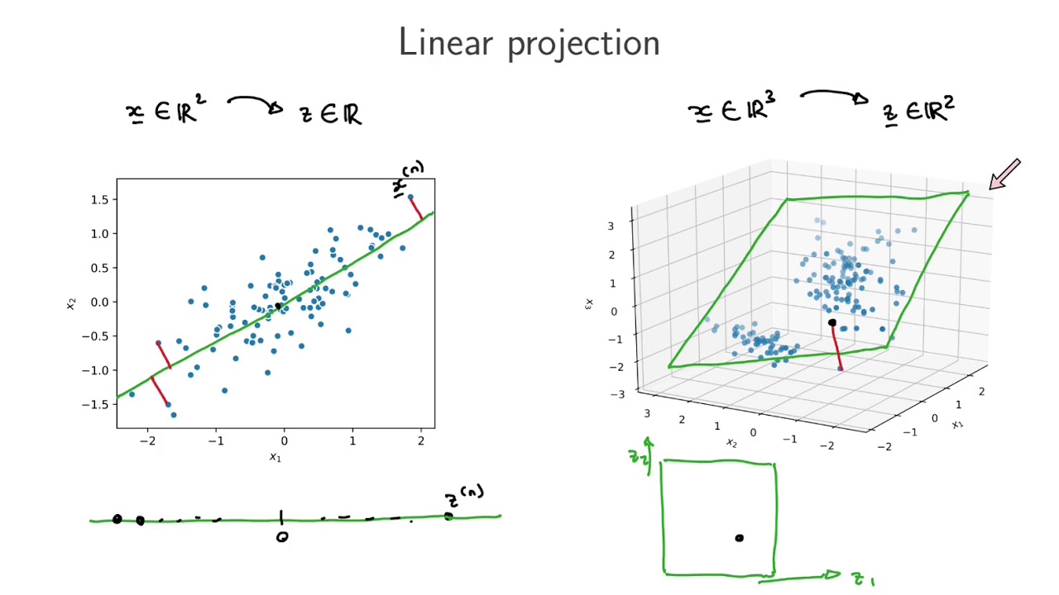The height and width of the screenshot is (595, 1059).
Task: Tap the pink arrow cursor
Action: (1005, 174)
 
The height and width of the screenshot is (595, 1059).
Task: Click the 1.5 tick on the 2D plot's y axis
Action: (99, 199)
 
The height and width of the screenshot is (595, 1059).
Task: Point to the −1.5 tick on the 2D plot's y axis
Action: (95, 404)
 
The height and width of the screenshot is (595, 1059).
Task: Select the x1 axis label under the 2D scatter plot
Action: (276, 457)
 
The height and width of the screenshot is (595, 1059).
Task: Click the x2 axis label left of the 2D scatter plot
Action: (71, 303)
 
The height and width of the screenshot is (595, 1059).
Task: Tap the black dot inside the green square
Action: (739, 538)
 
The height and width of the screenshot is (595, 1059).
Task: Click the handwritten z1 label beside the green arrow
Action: (863, 580)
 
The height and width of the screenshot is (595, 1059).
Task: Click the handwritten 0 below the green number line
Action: (282, 537)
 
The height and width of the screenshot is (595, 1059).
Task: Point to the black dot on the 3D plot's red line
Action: (832, 323)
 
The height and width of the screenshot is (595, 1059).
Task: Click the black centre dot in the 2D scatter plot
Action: (278, 307)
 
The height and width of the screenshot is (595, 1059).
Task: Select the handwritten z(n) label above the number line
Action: (463, 497)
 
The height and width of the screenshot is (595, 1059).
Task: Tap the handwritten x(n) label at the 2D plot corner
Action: (408, 178)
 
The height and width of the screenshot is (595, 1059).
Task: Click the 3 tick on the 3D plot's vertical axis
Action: (611, 226)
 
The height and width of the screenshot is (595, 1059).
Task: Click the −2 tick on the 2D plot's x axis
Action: (147, 441)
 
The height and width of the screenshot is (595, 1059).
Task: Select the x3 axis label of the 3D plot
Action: (589, 305)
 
